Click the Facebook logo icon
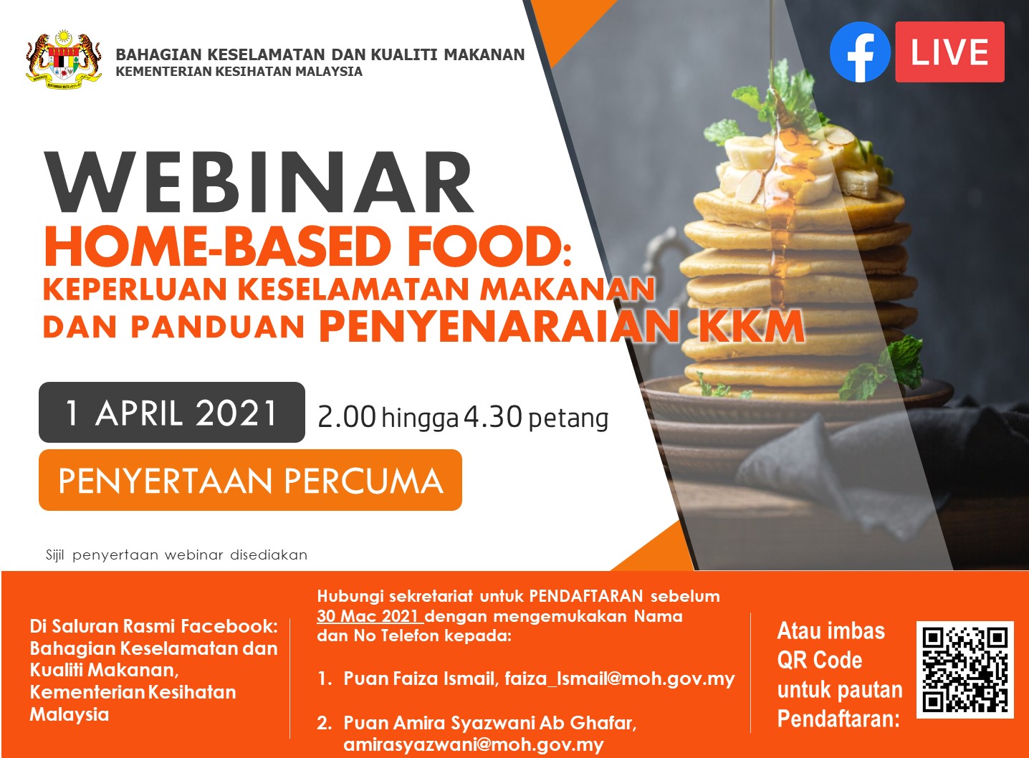[860, 52]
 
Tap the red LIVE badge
[949, 52]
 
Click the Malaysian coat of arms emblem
[64, 59]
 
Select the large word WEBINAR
[259, 182]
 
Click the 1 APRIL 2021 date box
[172, 413]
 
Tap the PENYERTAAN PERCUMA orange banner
[250, 480]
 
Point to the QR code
[965, 669]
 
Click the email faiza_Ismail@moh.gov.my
[620, 678]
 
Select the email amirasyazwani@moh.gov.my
[474, 744]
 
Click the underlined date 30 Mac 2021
[368, 616]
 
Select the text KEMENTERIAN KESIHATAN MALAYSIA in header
[239, 72]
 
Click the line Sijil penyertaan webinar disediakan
[176, 555]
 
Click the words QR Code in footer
[820, 660]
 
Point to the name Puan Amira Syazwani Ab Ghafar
[489, 722]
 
